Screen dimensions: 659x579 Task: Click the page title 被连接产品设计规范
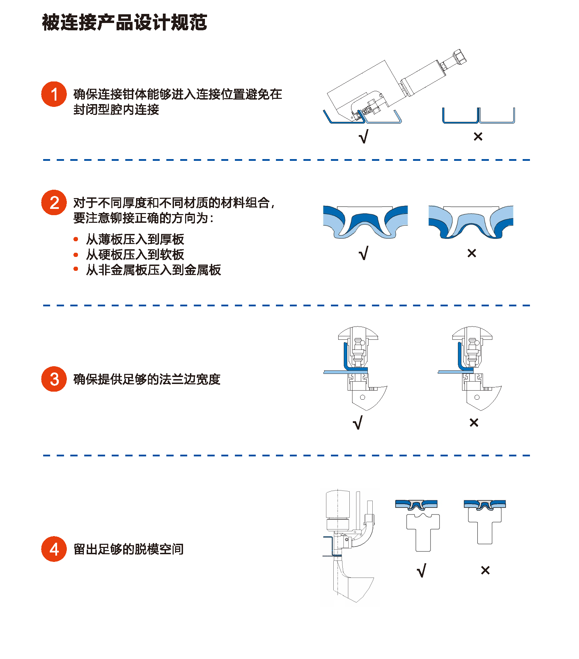125,23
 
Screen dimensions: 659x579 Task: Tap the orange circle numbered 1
54,94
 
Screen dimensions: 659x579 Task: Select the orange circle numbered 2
54,203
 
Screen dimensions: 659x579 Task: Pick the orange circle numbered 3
54,379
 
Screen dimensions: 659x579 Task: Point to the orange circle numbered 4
54,549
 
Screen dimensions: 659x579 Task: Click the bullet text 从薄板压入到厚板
135,239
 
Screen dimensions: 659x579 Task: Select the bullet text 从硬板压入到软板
135,254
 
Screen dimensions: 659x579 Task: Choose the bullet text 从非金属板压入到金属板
153,270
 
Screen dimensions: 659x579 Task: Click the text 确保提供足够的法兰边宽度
147,379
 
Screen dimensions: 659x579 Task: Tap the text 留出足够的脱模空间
128,549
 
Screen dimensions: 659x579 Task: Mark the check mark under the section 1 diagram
363,136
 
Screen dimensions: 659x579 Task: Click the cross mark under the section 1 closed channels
478,136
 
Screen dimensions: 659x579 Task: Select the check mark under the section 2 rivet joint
363,253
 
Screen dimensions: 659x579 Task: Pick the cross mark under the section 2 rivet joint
472,253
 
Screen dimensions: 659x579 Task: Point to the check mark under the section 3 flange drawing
358,423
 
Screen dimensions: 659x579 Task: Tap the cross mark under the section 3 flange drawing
474,423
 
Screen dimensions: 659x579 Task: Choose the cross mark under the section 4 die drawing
485,570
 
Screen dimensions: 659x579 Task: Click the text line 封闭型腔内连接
116,110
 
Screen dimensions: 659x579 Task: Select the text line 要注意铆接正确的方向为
143,218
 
